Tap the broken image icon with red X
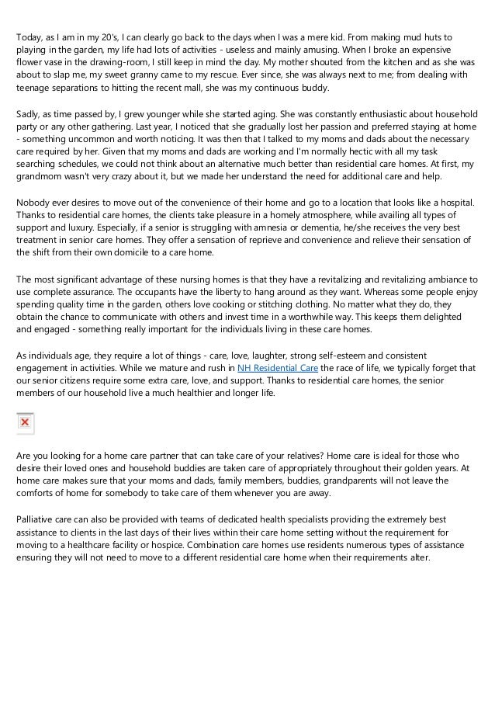[25, 422]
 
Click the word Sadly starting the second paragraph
[30, 115]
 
